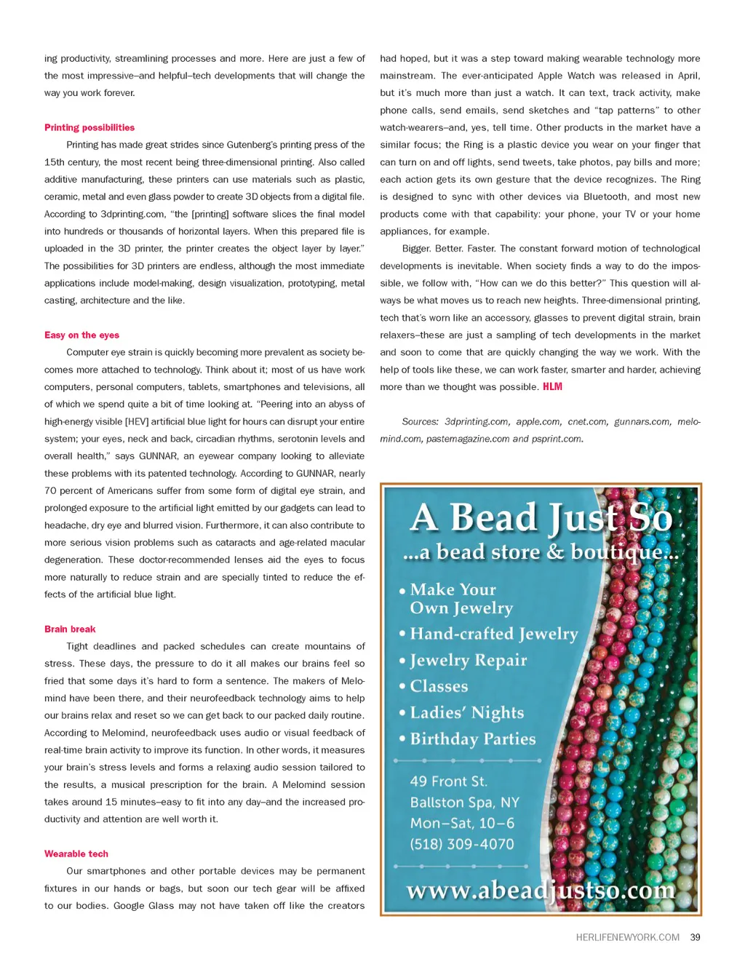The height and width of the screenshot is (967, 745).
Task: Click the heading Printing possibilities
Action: coord(89,127)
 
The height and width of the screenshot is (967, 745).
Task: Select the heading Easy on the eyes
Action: coord(81,335)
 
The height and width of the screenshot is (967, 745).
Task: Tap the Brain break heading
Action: coord(70,629)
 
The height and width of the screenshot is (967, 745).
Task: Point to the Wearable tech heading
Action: coord(76,853)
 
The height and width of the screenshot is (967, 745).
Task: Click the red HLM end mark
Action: coord(552,386)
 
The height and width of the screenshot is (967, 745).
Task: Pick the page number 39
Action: coord(695,937)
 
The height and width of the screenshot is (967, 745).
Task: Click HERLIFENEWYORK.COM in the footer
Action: coord(627,937)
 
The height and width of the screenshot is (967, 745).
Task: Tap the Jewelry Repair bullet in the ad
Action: coord(468,660)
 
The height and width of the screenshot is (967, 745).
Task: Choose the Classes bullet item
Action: coord(439,686)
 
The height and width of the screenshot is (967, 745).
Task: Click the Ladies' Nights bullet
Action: coord(466,712)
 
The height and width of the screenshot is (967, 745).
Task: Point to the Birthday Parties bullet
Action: coord(472,739)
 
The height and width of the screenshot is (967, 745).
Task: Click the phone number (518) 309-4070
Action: coord(461,844)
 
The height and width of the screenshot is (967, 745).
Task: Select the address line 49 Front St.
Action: coord(448,781)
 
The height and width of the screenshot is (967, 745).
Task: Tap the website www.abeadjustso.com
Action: coord(540,890)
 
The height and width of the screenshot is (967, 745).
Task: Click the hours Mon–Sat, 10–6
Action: coord(462,823)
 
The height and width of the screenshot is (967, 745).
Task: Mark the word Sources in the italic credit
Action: coord(420,421)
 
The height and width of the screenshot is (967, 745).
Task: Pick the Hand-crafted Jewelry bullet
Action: coord(493,634)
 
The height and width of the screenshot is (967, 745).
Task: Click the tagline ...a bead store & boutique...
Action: coord(540,552)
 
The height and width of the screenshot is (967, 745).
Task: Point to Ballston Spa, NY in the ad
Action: coord(464,802)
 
